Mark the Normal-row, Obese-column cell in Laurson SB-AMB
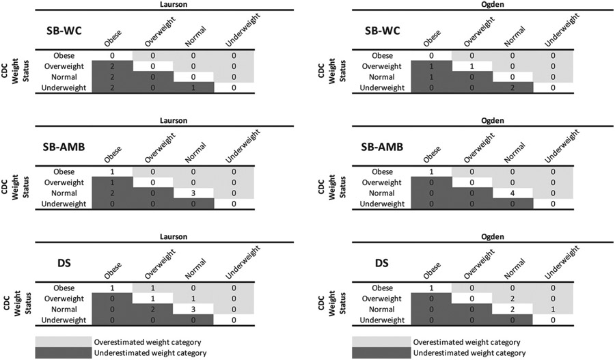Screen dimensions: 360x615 point(111,193)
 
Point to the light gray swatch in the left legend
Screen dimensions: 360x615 point(74,341)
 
